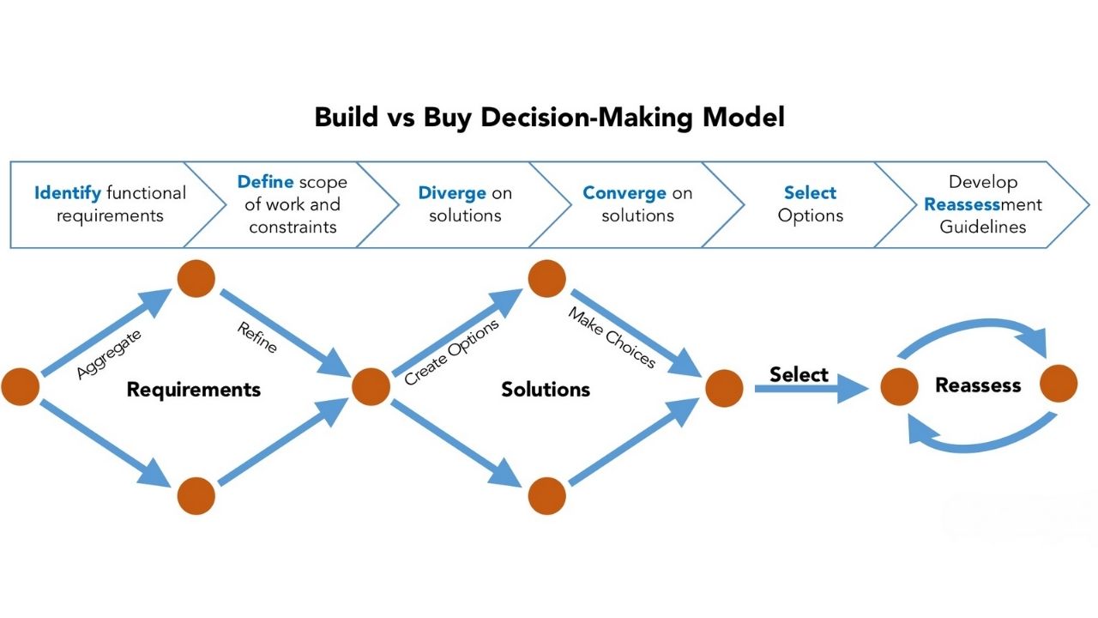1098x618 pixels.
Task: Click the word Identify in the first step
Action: [x=67, y=193]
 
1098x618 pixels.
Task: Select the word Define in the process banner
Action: [x=266, y=182]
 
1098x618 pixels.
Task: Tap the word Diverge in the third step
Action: [x=452, y=193]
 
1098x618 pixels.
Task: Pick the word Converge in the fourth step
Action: [x=624, y=193]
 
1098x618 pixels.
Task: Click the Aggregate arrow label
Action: [x=109, y=353]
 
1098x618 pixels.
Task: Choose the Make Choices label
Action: [x=611, y=337]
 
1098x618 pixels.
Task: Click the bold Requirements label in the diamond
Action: [x=194, y=390]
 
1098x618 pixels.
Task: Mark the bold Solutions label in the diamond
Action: [x=546, y=390]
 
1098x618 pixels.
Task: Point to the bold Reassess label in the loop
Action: [x=978, y=385]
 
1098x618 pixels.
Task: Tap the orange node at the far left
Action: [x=21, y=387]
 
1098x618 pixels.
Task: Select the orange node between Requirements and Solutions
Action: [x=371, y=387]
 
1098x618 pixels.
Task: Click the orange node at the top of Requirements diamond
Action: [x=196, y=278]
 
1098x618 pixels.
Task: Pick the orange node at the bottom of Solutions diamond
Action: [x=547, y=496]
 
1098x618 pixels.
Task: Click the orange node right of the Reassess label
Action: [x=1059, y=384]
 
